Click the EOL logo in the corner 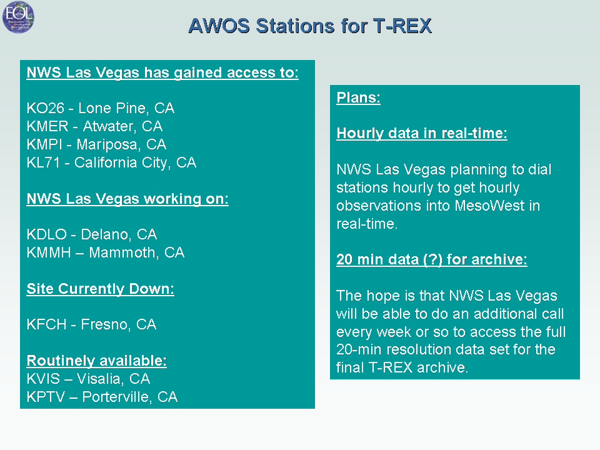pyautogui.click(x=18, y=17)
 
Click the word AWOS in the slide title pyautogui.click(x=219, y=26)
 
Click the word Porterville pyautogui.click(x=117, y=397)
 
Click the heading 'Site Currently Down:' pyautogui.click(x=100, y=289)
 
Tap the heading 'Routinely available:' pyautogui.click(x=96, y=361)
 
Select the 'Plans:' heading pyautogui.click(x=358, y=97)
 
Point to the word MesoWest pyautogui.click(x=489, y=206)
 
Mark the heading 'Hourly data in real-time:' pyautogui.click(x=422, y=133)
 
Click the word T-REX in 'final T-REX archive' pyautogui.click(x=391, y=367)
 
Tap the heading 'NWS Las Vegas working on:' pyautogui.click(x=127, y=199)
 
